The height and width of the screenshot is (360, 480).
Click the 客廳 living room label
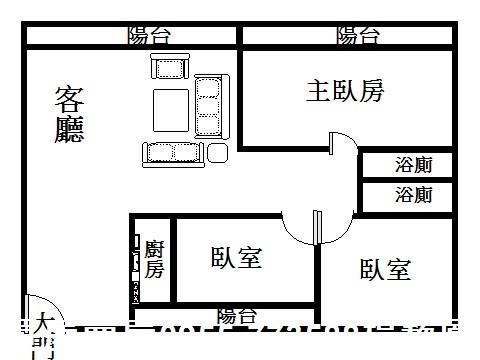click(x=69, y=115)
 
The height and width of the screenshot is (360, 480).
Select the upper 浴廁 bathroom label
click(x=414, y=164)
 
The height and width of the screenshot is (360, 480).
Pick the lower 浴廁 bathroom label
click(x=414, y=194)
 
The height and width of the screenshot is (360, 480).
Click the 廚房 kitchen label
click(x=154, y=258)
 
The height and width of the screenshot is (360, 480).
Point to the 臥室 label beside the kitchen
click(x=236, y=258)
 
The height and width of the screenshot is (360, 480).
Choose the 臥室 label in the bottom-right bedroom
click(x=385, y=269)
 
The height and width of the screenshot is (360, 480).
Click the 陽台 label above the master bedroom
click(x=358, y=36)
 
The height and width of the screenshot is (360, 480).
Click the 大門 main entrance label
click(x=43, y=335)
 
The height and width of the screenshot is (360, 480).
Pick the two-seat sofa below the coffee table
click(x=172, y=152)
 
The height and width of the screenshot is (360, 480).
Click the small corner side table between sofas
click(x=217, y=152)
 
